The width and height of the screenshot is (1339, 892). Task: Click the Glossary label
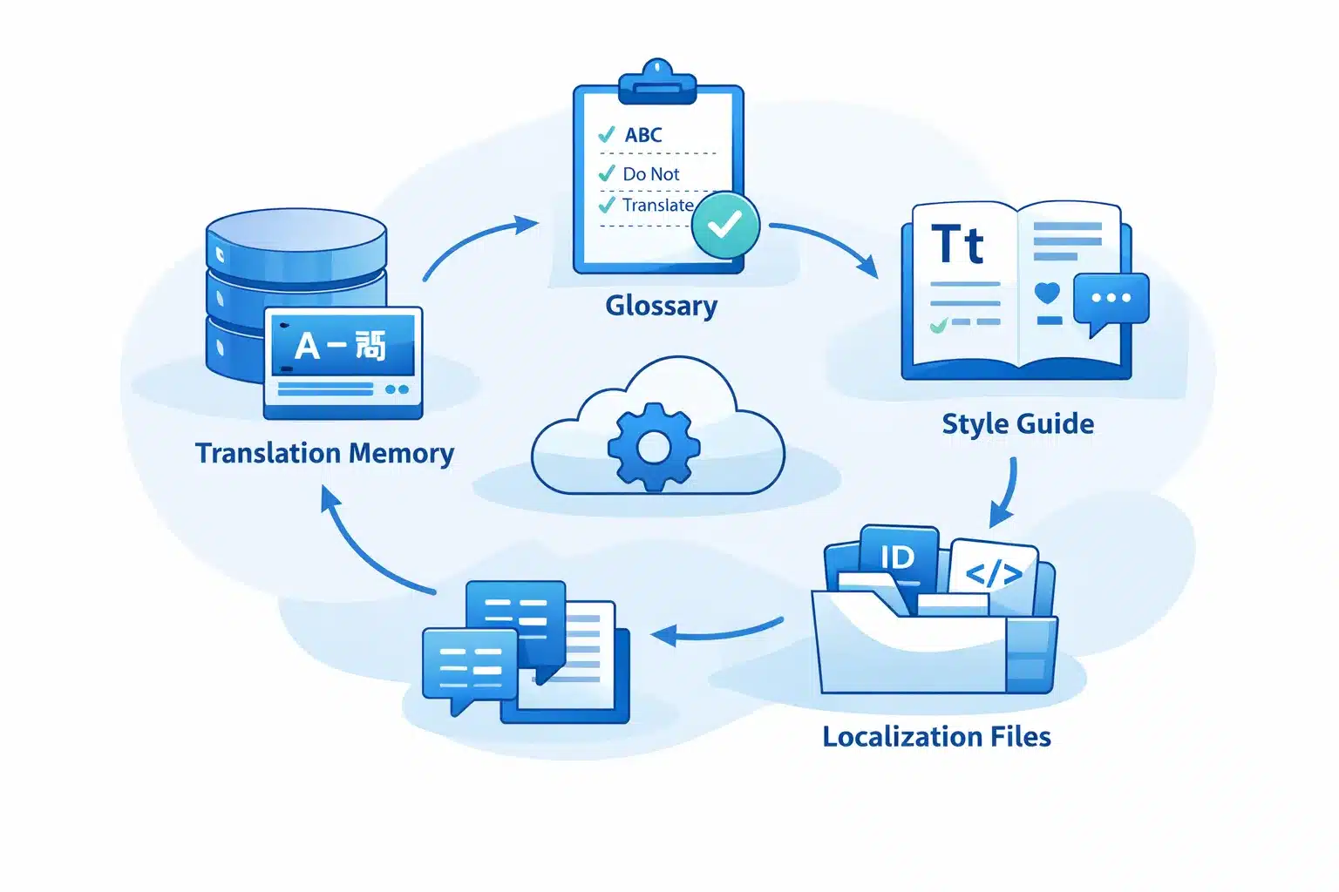661,306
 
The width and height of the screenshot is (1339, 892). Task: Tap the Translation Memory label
324,453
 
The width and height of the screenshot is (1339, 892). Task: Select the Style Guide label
1017,423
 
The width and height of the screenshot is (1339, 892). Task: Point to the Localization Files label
936,737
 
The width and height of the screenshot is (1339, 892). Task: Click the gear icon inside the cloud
654,448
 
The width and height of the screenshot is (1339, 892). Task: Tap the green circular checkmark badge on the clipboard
725,225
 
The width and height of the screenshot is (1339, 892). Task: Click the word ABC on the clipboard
643,135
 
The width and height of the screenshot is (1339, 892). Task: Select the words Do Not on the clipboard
650,174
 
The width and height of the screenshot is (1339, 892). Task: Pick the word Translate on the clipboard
657,206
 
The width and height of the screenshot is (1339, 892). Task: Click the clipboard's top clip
657,84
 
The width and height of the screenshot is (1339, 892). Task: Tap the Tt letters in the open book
957,245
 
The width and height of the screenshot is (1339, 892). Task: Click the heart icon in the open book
1047,293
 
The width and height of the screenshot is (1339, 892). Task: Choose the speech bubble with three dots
1111,300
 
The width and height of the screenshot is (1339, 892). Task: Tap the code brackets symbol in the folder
994,574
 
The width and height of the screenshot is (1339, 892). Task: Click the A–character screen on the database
343,346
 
